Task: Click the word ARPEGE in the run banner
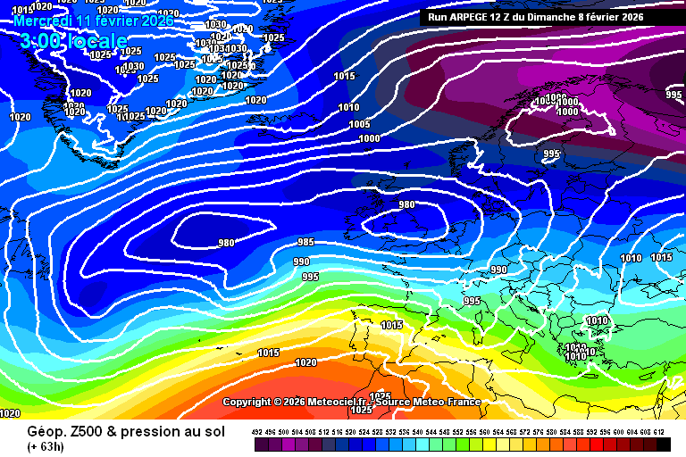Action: [x=479, y=17]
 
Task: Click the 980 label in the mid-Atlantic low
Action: [x=227, y=243]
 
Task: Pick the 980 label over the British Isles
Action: [x=406, y=204]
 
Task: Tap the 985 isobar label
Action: [x=305, y=242]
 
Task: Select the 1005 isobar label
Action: [x=359, y=124]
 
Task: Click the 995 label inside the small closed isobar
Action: [x=551, y=154]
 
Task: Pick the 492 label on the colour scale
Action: [x=257, y=432]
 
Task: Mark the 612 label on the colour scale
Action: [x=660, y=432]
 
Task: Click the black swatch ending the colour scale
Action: [x=664, y=445]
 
